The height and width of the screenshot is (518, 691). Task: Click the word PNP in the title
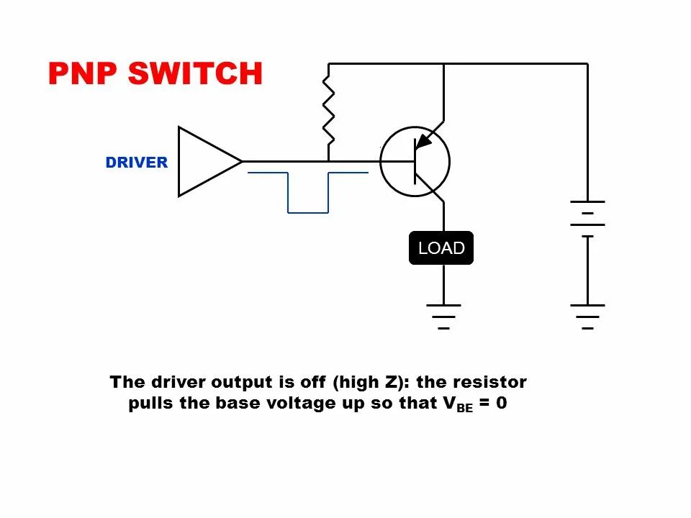click(83, 74)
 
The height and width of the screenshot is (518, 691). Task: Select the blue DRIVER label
click(136, 163)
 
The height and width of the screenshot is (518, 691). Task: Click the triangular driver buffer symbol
click(204, 162)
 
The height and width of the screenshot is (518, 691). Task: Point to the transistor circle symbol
click(415, 162)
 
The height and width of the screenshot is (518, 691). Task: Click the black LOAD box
click(441, 248)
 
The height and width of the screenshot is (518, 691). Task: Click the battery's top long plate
click(587, 202)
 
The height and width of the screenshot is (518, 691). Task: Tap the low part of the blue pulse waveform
click(308, 212)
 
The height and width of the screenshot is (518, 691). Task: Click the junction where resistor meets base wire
click(328, 161)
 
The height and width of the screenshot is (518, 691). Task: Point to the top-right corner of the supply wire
click(587, 64)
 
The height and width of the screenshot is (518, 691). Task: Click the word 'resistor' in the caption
click(491, 381)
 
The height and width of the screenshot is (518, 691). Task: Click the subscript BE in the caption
click(465, 408)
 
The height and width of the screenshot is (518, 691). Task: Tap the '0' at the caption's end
click(501, 403)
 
